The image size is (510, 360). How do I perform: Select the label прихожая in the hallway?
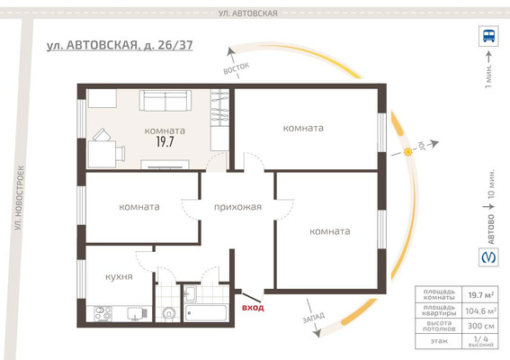point(237,207)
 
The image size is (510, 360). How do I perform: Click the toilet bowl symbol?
point(168,314)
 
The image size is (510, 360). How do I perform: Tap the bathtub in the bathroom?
point(205,313)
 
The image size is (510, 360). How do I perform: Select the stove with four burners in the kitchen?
point(103,313)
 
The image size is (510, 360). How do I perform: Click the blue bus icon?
point(488,37)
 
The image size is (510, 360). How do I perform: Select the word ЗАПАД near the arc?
point(315,319)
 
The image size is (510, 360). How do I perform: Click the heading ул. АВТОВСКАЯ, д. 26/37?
point(121,45)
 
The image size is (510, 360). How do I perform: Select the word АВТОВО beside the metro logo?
point(489,230)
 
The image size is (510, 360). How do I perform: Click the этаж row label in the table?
point(439,341)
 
